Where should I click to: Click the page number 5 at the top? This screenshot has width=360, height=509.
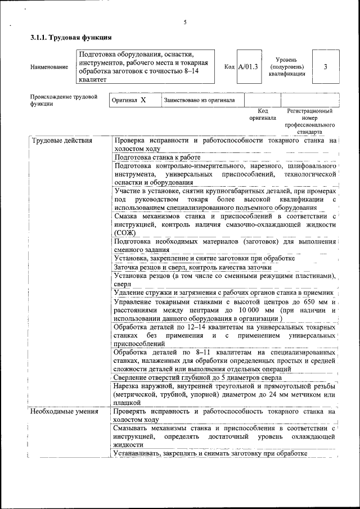(184, 22)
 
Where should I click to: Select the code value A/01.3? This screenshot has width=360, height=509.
(247, 67)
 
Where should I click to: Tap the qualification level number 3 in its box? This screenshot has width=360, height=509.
(326, 67)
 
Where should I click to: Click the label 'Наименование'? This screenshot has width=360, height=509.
(49, 67)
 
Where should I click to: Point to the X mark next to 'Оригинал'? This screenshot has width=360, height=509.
(143, 100)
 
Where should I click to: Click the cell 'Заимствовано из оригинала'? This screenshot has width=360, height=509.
(199, 100)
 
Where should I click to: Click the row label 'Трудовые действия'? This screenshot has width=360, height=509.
(62, 141)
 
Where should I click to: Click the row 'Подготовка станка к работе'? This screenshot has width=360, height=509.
(157, 158)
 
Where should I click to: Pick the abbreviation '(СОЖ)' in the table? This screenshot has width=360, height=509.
(125, 233)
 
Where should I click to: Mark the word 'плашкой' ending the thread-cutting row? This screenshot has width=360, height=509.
(127, 403)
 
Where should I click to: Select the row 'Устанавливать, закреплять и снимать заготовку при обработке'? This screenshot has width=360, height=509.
(210, 453)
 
